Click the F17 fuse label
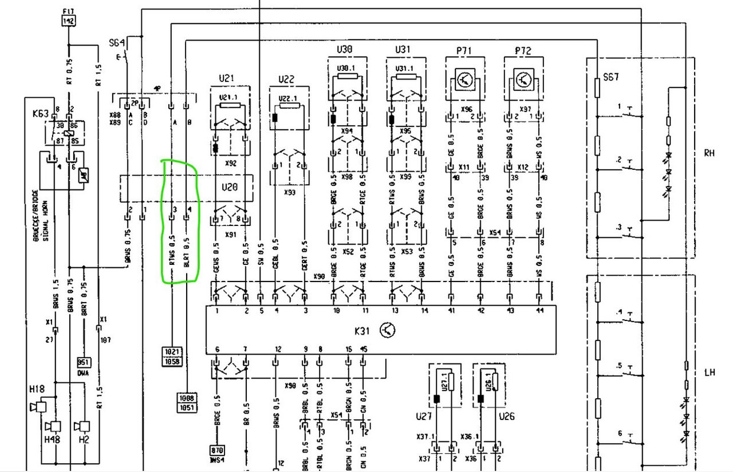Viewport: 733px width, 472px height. click(x=69, y=11)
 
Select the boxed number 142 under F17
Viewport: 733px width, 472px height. click(x=69, y=21)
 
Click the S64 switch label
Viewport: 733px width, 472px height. click(x=117, y=42)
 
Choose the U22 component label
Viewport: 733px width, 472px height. click(x=286, y=79)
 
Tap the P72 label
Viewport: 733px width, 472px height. click(x=523, y=51)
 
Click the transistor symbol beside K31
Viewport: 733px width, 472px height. click(x=388, y=330)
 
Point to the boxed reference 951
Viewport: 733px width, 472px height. click(x=84, y=362)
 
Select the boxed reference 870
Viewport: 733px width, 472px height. click(x=217, y=451)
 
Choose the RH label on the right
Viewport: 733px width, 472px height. click(x=709, y=153)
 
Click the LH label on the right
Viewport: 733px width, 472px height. click(x=709, y=372)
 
